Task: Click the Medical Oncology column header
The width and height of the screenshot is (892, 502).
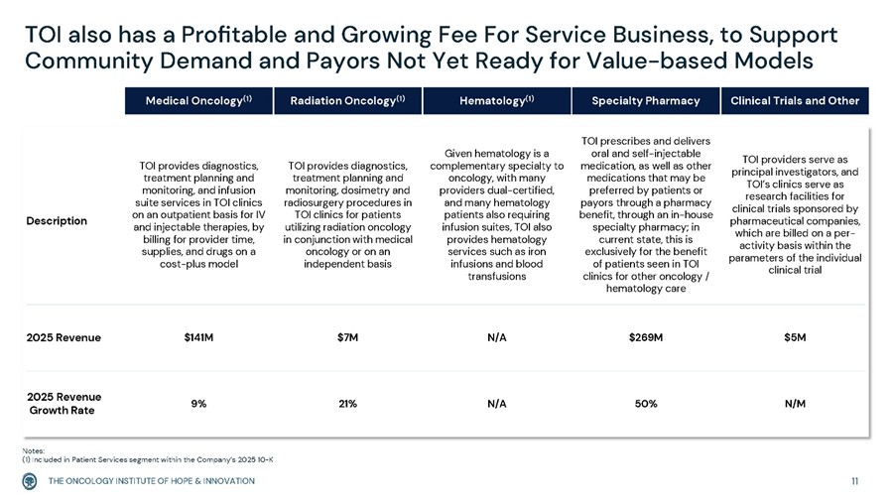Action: click(x=198, y=101)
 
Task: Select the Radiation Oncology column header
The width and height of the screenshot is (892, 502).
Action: click(x=346, y=101)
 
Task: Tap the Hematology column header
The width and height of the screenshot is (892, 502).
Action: click(x=497, y=101)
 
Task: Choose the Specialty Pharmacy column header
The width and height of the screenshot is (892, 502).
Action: click(x=646, y=101)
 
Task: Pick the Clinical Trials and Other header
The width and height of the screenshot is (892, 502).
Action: click(x=795, y=101)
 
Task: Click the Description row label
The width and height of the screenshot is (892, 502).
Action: click(x=58, y=220)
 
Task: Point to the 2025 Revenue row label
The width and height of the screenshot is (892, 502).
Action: click(x=64, y=337)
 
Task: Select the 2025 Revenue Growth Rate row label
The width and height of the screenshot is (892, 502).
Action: click(x=64, y=404)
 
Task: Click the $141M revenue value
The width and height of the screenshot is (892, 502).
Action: click(x=198, y=337)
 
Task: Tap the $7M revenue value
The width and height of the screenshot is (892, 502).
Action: click(x=347, y=337)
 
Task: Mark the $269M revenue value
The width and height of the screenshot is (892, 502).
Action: click(x=646, y=337)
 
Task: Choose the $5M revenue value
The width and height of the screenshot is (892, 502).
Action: click(x=795, y=337)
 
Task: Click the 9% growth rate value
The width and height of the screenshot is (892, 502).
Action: click(x=198, y=404)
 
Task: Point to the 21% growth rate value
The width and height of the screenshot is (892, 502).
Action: click(x=347, y=404)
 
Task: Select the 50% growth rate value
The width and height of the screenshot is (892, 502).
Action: click(x=646, y=404)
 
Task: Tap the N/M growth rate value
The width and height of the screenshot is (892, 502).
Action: click(x=795, y=404)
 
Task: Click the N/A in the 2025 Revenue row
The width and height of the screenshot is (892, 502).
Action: click(x=497, y=337)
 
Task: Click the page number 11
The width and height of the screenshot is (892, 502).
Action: click(x=855, y=481)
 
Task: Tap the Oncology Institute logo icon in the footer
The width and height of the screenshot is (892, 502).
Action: click(x=31, y=481)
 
